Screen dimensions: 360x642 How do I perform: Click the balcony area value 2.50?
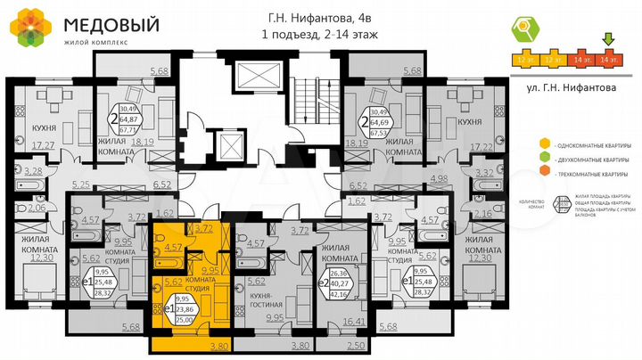tap(356, 345)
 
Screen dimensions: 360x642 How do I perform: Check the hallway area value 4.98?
tap(438, 179)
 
